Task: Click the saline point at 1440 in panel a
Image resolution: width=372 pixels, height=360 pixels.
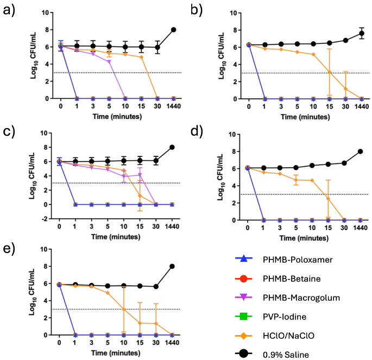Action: pyautogui.click(x=174, y=30)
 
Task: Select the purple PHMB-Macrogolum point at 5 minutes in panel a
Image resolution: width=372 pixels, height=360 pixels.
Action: pyautogui.click(x=109, y=61)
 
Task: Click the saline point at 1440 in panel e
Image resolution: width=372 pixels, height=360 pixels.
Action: pyautogui.click(x=174, y=266)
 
